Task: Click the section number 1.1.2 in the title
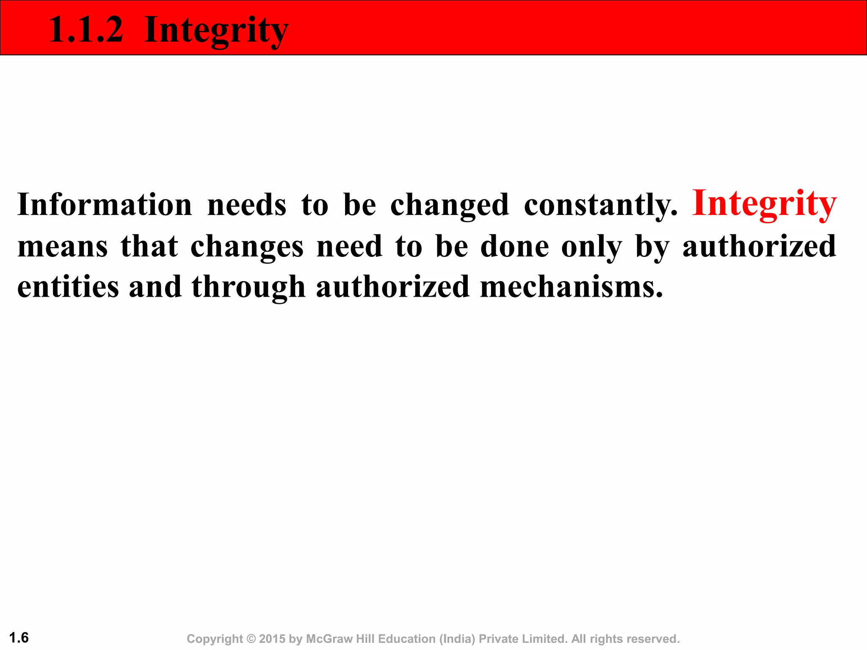(x=86, y=30)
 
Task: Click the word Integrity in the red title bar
(x=216, y=30)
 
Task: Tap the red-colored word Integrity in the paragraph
(x=764, y=204)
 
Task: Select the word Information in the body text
(x=105, y=205)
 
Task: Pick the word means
(x=63, y=247)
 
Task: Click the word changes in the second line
(x=247, y=247)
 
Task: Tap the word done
(x=514, y=247)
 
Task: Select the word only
(x=591, y=247)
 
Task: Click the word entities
(x=68, y=287)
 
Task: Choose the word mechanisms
(x=571, y=287)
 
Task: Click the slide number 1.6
(x=19, y=637)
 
